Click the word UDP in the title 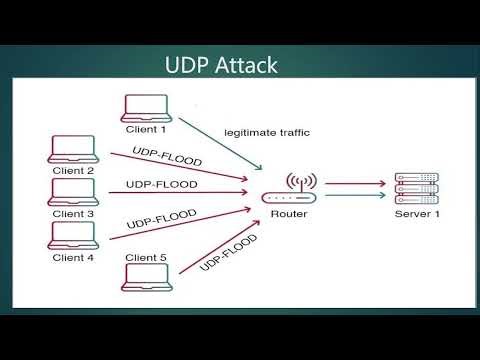188,66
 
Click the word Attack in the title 245,66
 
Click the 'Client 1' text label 146,129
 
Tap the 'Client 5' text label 146,257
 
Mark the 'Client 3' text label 73,213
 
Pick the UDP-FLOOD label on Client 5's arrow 229,252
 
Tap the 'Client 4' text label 73,257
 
